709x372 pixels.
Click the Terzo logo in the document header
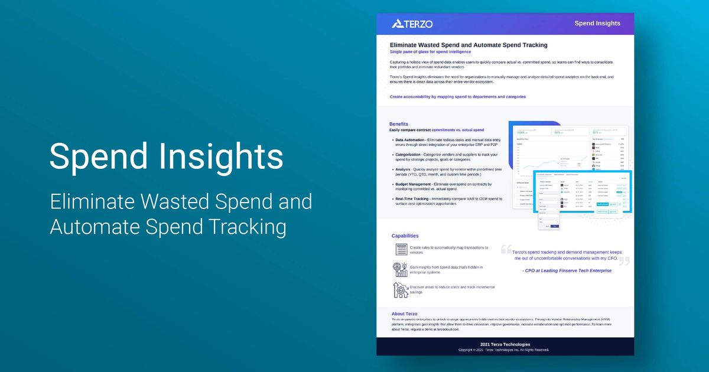click(x=412, y=24)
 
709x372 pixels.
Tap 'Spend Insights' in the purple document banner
click(x=597, y=24)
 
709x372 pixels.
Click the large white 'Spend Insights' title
click(x=166, y=156)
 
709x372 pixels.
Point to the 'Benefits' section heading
click(x=399, y=124)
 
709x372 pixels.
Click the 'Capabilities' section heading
click(x=405, y=236)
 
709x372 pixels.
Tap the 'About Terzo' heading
click(x=404, y=314)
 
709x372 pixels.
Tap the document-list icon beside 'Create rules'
click(x=401, y=250)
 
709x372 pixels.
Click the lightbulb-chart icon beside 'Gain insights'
click(x=401, y=269)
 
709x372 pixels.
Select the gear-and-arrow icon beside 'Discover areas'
click(x=401, y=289)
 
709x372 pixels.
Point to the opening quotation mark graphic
click(x=506, y=249)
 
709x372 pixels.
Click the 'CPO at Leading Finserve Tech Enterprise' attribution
click(x=567, y=270)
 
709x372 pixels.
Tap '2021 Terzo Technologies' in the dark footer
click(x=505, y=344)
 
